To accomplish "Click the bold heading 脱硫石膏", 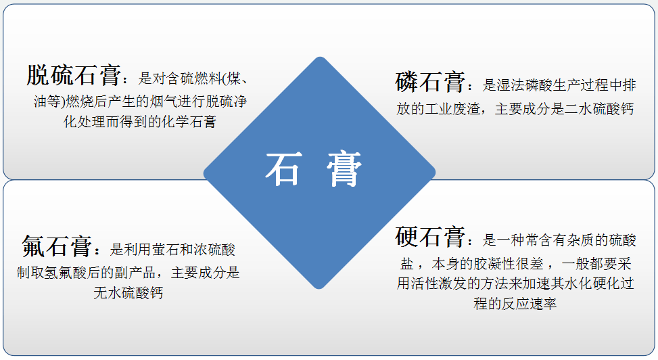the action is pos(74,75).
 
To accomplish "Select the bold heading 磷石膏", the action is pos(429,82).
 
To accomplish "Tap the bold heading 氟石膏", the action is pos(57,246).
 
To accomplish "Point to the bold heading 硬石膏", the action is pos(429,237).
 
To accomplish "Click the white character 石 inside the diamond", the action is pos(283,169).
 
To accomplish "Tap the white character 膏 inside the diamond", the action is pos(344,169).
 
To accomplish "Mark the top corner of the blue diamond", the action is pos(320,57).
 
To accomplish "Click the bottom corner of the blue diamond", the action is pos(319,289).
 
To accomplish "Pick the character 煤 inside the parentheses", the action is pos(234,78).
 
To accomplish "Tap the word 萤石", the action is pos(166,250).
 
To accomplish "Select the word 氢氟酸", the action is pos(66,272).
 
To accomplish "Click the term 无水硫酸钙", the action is pos(128,293).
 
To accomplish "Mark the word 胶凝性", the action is pos(494,263).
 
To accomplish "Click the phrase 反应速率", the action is pos(529,303).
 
